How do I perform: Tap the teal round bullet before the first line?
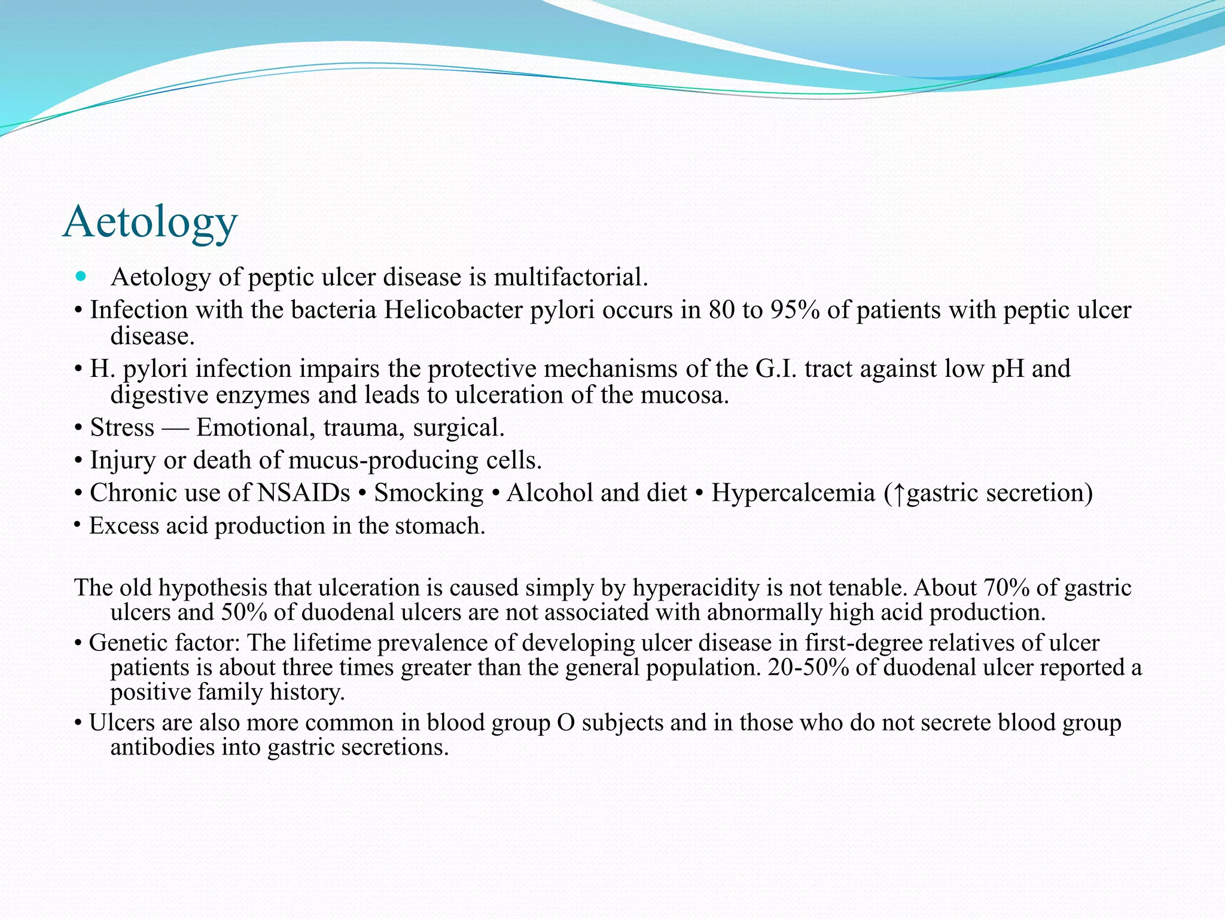tap(81, 276)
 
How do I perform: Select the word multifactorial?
tap(571, 277)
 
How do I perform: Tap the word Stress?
tap(122, 427)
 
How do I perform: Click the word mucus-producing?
tap(383, 460)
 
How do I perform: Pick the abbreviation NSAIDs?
tap(303, 493)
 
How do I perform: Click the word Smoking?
tap(428, 493)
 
